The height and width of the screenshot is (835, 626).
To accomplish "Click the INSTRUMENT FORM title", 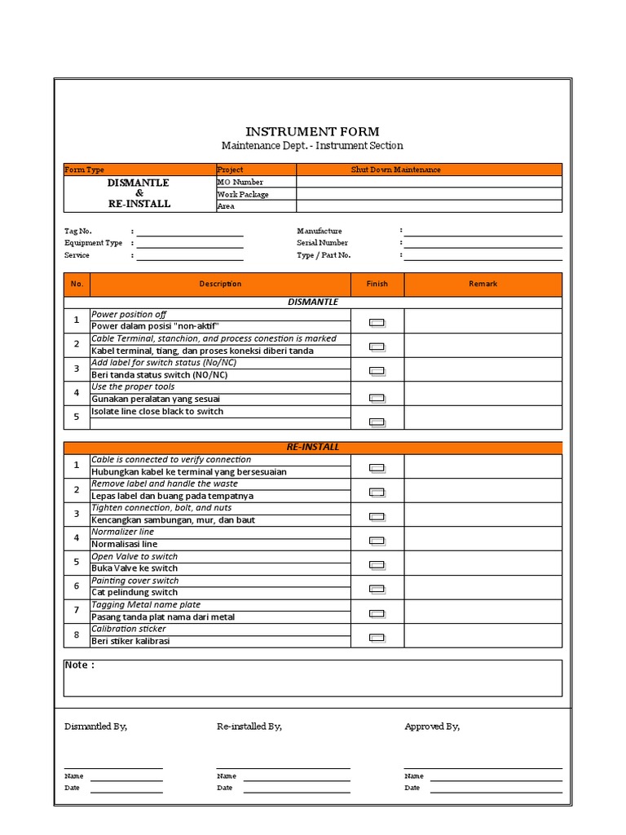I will (x=312, y=131).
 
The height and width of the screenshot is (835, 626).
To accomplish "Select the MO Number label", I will (x=240, y=182).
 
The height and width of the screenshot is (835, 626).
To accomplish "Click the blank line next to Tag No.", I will (x=189, y=232).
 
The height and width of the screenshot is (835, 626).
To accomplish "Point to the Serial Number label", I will (x=322, y=243).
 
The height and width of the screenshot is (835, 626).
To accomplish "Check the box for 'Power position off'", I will (x=377, y=322).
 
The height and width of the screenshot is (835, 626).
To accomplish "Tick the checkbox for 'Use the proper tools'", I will (x=377, y=398).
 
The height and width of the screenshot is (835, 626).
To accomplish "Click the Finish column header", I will (x=377, y=284).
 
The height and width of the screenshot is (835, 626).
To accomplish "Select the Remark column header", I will (x=483, y=284).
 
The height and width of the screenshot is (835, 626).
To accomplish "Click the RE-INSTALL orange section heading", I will (x=313, y=447).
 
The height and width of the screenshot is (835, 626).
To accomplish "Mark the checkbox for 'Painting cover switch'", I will (x=377, y=589).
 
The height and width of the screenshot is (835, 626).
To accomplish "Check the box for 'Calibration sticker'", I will (x=377, y=638).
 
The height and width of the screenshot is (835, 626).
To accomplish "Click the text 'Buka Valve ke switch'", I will (x=134, y=568).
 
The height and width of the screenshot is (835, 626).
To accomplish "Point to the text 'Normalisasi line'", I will (x=125, y=544).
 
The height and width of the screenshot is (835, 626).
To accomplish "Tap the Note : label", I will (x=79, y=665).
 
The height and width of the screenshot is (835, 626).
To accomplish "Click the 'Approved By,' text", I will (x=432, y=727).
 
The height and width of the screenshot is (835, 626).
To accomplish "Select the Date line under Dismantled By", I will (x=126, y=789).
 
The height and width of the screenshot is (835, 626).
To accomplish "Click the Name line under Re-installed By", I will (x=296, y=776).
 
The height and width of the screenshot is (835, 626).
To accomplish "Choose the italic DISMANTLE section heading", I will (x=313, y=302).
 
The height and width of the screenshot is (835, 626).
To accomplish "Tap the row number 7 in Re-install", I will (x=77, y=610).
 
